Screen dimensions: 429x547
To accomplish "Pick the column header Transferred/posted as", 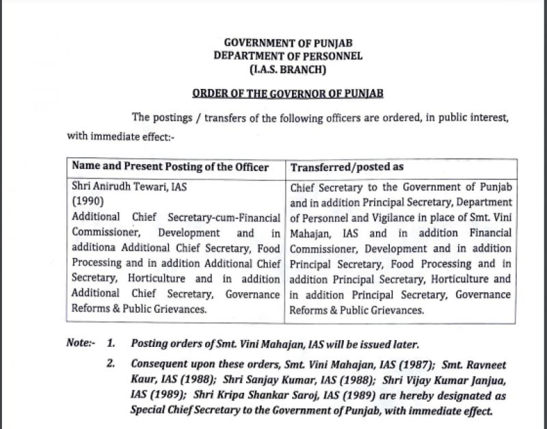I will click(347, 168).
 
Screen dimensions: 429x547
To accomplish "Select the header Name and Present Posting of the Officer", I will click(170, 167).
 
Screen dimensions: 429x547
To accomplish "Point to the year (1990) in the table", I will click(87, 202).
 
